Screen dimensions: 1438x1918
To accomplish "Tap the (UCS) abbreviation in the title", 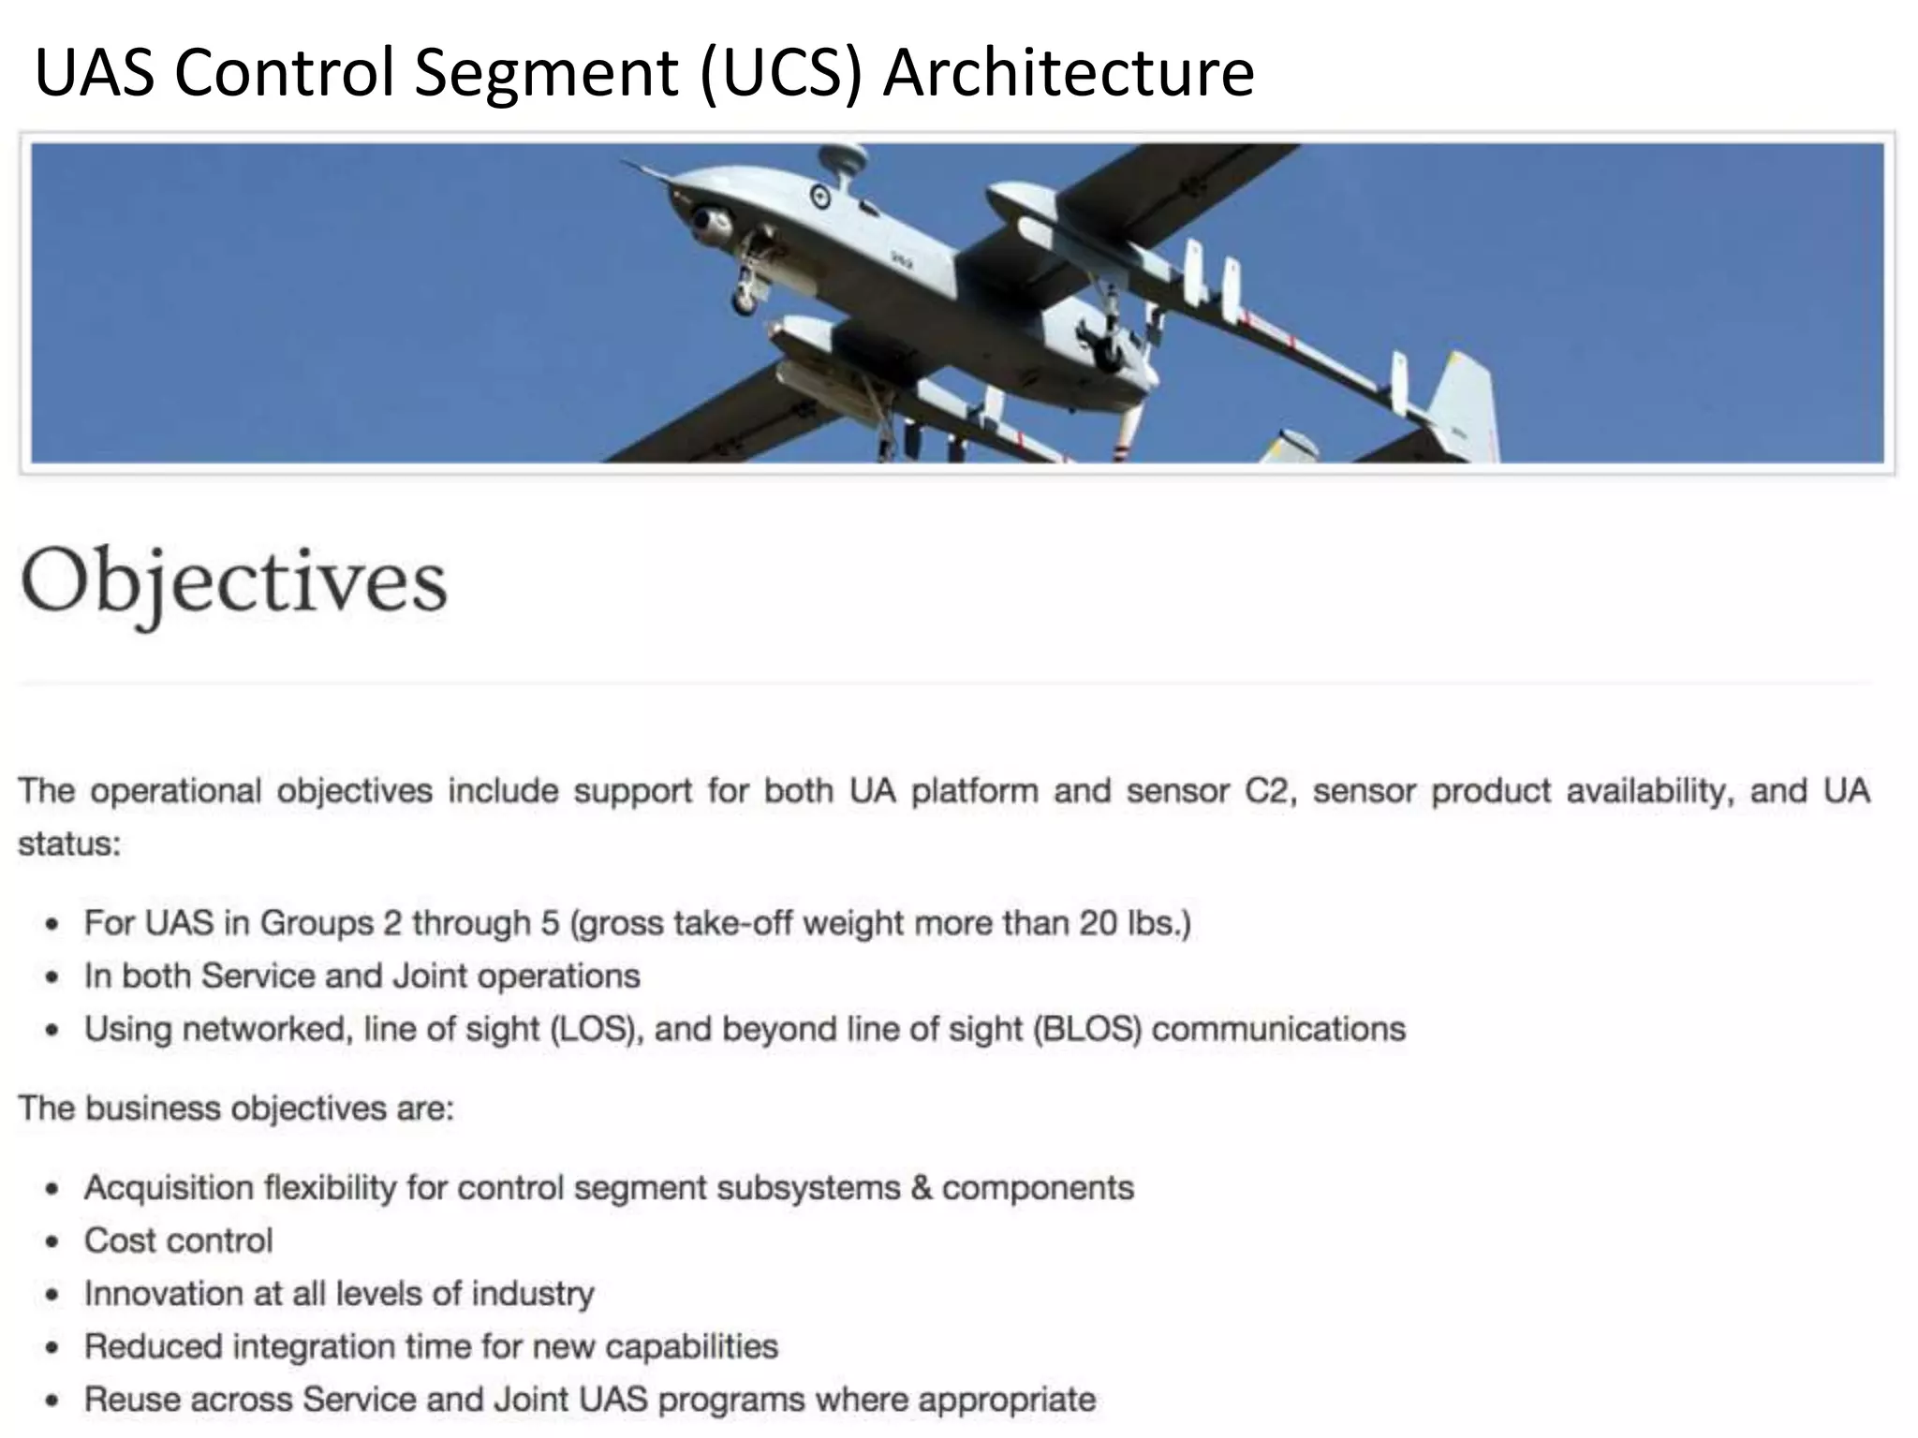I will coord(779,73).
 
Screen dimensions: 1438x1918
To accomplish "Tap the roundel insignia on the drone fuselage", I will coord(821,197).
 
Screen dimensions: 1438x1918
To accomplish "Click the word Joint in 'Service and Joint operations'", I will coord(430,976).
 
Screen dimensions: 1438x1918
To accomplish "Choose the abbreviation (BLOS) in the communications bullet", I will coord(1087,1030).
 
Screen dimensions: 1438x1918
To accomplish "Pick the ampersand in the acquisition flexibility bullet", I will coord(922,1188).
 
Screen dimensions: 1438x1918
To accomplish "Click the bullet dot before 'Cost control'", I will coord(52,1242).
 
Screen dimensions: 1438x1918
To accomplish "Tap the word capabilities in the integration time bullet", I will coord(691,1347).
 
